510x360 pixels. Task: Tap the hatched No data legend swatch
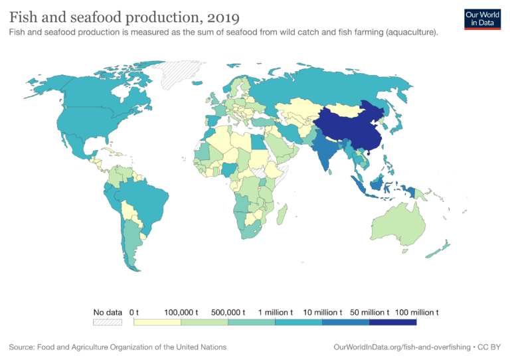[x=108, y=322]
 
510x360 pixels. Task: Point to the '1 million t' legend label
[x=275, y=312]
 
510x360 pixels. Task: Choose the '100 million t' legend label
[x=416, y=312]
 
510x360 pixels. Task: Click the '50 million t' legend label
[x=369, y=312]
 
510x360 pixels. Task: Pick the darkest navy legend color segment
[x=392, y=322]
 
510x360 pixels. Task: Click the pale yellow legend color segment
[x=157, y=322]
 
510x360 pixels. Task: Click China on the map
[x=345, y=126]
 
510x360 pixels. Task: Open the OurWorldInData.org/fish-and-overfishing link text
[x=404, y=347]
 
